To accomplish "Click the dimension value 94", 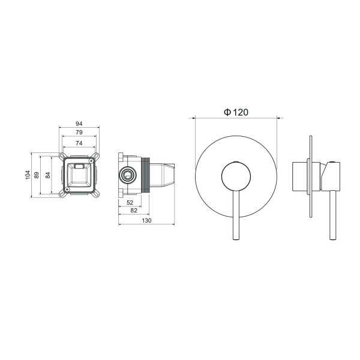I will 79,124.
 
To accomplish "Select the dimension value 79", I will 79,133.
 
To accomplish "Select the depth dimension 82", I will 134,212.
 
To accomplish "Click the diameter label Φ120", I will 236,112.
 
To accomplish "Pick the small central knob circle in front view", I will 236,175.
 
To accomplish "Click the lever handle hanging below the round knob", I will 236,219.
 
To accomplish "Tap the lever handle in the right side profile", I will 334,216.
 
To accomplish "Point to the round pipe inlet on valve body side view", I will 127,175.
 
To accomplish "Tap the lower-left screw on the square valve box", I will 64,194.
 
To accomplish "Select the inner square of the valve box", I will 79,175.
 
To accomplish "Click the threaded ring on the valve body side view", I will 146,175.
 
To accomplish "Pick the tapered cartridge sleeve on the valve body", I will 165,175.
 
